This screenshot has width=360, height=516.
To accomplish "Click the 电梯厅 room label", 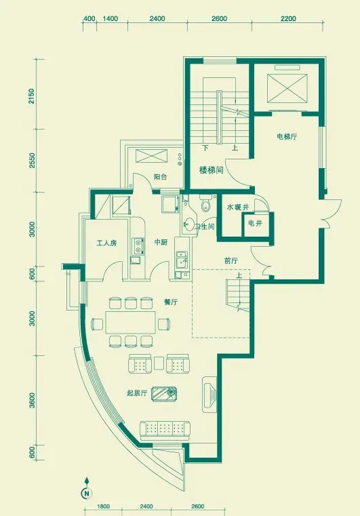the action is [x=287, y=136].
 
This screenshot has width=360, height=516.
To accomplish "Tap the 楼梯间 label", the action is [x=212, y=170].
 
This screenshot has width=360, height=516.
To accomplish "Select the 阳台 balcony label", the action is [x=160, y=177].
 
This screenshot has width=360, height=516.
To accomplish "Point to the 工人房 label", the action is [x=106, y=243].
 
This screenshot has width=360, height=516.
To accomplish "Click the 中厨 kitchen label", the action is [x=161, y=242].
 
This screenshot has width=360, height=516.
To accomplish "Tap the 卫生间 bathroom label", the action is [x=204, y=226].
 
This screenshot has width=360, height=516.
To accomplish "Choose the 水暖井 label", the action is [x=237, y=207].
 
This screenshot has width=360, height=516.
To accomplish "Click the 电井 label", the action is [x=255, y=223].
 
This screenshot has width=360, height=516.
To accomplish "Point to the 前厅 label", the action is [x=231, y=261].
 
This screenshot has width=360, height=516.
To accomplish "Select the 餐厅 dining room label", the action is [x=171, y=302].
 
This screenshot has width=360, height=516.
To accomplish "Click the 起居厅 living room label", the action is [x=137, y=393].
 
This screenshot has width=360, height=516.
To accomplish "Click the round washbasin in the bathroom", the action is [x=188, y=224].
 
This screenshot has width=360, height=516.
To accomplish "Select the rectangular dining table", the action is [x=131, y=323].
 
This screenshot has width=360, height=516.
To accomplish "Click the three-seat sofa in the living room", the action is [x=165, y=431].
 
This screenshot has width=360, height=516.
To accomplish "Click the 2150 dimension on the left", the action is [x=31, y=96].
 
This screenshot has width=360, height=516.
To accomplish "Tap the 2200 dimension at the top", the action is [x=288, y=19].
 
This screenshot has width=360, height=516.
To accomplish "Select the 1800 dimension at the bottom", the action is [x=103, y=507].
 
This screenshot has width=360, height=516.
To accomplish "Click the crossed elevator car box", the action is [x=287, y=89].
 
